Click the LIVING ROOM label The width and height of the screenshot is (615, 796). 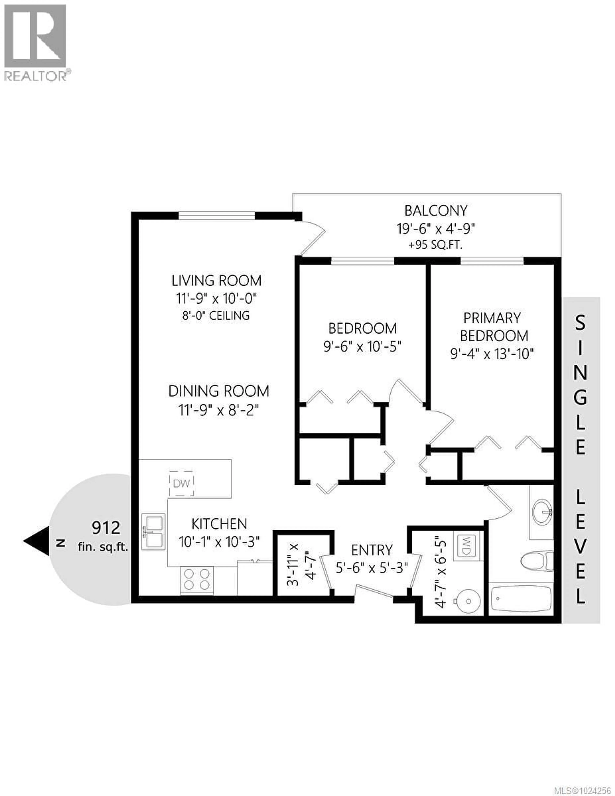point(217,281)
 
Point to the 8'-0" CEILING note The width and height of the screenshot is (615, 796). point(216,315)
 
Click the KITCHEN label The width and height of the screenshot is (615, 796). point(219,524)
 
